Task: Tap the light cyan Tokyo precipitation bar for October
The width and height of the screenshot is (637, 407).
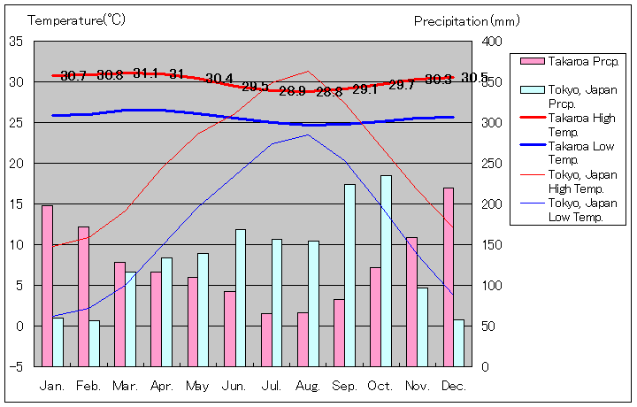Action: [x=386, y=270]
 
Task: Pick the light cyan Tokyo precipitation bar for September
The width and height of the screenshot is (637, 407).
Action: [x=349, y=274]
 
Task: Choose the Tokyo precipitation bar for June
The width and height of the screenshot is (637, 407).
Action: [x=240, y=297]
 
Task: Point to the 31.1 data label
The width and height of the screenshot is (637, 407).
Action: [x=146, y=74]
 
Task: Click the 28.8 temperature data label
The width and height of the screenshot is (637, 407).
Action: [x=328, y=91]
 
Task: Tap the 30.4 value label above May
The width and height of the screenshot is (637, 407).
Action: [x=219, y=79]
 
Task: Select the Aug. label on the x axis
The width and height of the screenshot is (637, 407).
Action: [x=308, y=386]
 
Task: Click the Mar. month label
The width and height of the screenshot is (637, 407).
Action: [x=125, y=386]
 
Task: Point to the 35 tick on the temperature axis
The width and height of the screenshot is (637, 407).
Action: [x=17, y=42]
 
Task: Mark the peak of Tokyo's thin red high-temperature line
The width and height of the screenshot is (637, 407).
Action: [x=308, y=71]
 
